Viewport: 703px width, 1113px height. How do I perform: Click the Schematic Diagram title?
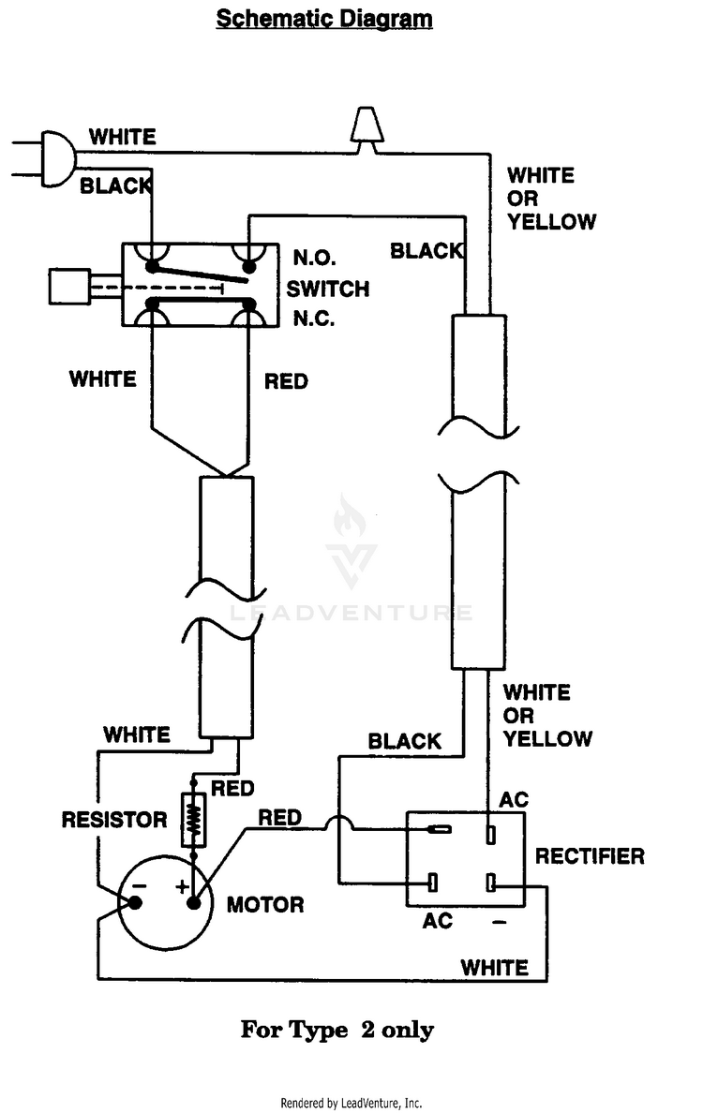tap(323, 19)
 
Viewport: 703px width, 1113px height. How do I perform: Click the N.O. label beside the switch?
tap(315, 258)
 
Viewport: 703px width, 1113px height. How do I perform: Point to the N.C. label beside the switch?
tap(314, 319)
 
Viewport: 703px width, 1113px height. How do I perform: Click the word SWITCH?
tap(327, 289)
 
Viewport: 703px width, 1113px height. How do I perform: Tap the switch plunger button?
tap(68, 287)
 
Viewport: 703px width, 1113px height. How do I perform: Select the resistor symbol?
tap(193, 820)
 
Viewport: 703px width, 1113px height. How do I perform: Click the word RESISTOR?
tap(114, 820)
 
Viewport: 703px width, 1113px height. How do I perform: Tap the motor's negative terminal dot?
tap(135, 903)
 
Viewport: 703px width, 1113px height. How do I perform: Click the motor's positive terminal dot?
tap(193, 903)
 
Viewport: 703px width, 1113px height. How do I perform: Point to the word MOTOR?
tap(265, 904)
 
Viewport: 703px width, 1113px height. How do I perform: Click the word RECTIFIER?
tap(590, 856)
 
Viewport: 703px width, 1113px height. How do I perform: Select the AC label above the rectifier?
tap(514, 800)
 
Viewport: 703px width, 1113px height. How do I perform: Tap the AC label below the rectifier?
tap(438, 921)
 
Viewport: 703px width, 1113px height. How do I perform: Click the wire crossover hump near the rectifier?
tap(338, 821)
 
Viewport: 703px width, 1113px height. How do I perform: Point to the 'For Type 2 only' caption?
tap(337, 1030)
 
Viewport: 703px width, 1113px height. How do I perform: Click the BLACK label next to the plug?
tap(115, 186)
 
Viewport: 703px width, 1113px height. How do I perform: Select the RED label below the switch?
tap(286, 382)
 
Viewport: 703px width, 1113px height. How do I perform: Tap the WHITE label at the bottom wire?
tap(494, 968)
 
